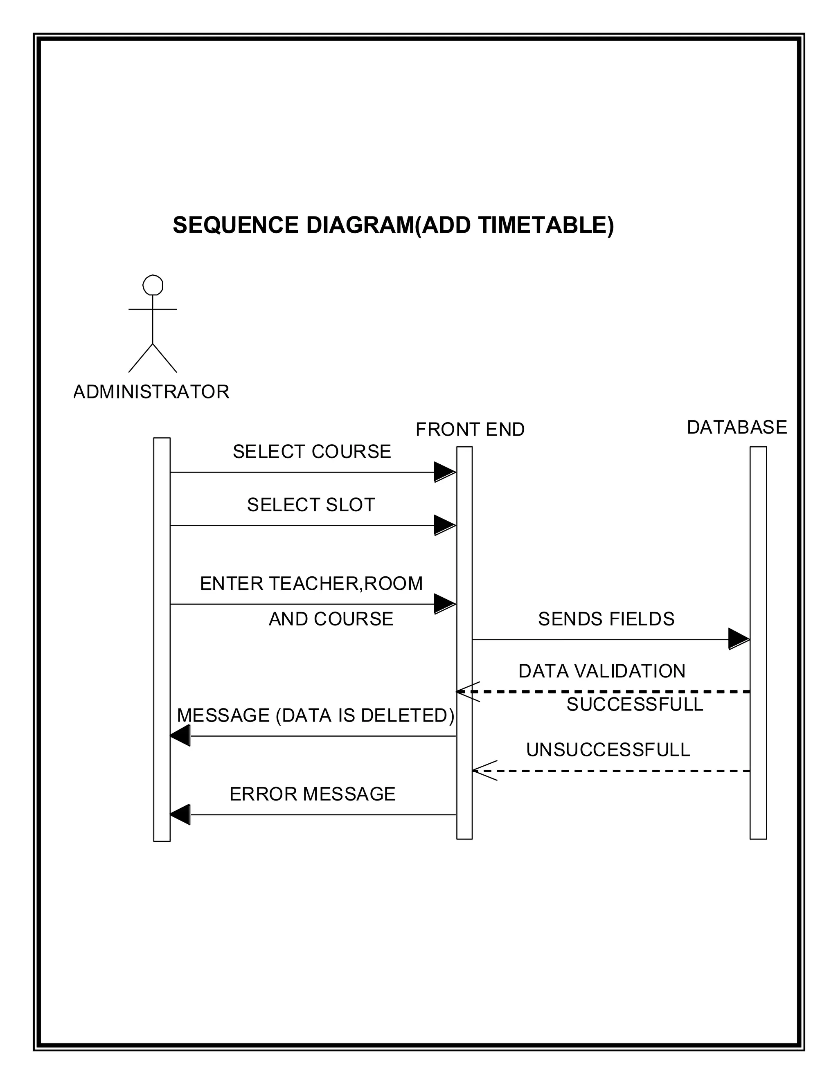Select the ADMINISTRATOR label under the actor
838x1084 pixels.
tap(151, 392)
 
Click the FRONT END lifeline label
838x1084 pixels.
tap(470, 430)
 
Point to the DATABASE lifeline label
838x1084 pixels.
tap(737, 427)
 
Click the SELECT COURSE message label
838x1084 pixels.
tap(312, 452)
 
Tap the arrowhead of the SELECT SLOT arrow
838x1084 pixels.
tap(445, 525)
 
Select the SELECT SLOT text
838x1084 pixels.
tap(311, 505)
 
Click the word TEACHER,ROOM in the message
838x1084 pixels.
tap(345, 583)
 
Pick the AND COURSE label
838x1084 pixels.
tap(331, 619)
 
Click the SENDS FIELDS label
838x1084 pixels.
tap(606, 619)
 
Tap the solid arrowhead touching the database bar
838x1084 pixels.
tap(739, 639)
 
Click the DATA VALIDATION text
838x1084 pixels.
tap(601, 671)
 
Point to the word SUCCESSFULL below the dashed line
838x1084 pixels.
tap(635, 704)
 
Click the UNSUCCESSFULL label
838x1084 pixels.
tap(608, 749)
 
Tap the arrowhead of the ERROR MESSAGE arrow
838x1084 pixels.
tap(180, 814)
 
